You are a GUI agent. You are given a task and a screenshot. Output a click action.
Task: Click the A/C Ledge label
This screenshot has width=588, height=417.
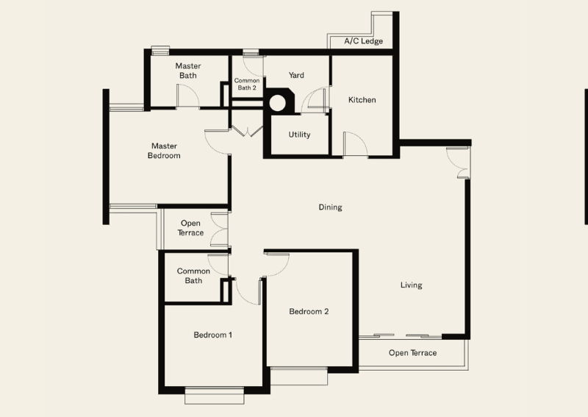[x=363, y=41]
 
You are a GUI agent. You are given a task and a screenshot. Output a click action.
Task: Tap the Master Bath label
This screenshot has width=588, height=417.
[x=188, y=71]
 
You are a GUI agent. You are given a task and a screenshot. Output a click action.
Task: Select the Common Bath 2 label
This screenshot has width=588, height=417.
[x=247, y=84]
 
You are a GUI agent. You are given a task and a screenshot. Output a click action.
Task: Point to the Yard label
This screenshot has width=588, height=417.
[x=296, y=75]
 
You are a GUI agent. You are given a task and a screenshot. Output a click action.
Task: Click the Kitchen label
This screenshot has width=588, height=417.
[x=362, y=100]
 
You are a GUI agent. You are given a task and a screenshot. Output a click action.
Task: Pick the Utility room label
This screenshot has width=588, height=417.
[x=299, y=135]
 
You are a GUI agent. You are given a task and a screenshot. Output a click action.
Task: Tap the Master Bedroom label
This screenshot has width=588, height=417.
[x=164, y=151]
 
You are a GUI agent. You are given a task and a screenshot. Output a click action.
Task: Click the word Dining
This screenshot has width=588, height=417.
[x=330, y=207]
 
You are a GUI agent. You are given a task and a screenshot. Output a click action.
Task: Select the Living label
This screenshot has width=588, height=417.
[x=411, y=285]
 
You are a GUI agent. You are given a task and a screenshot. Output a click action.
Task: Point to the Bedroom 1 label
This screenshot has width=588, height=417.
[x=212, y=335]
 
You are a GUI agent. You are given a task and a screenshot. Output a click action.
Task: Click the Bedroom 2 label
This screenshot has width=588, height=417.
[x=309, y=312]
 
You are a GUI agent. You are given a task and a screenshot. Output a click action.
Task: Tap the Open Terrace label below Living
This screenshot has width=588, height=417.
[x=412, y=353]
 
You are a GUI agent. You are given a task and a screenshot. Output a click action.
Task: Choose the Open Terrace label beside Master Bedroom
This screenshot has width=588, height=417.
[x=190, y=228]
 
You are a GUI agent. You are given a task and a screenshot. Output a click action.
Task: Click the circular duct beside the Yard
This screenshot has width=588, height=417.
[x=278, y=103]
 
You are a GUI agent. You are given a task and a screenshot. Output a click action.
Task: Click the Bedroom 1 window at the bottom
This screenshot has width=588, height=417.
[x=215, y=396]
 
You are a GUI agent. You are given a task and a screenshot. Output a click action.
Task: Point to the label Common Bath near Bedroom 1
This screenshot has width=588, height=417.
[x=193, y=276]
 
